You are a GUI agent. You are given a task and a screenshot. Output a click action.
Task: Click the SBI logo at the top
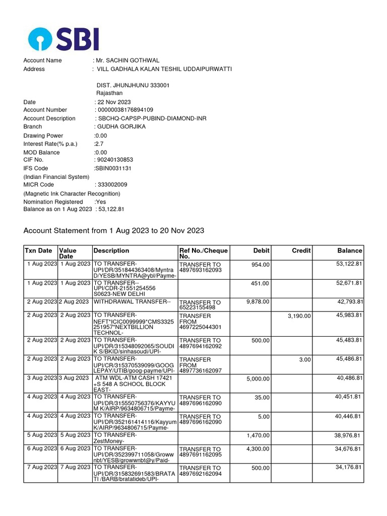pyautogui.click(x=63, y=39)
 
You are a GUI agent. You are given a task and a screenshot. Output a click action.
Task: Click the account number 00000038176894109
pyautogui.click(x=125, y=110)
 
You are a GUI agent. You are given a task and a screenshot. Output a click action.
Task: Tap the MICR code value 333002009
pyautogui.click(x=112, y=185)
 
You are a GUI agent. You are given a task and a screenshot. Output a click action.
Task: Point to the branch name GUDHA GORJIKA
pyautogui.click(x=121, y=126)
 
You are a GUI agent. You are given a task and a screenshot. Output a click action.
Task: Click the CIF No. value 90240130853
pyautogui.click(x=115, y=160)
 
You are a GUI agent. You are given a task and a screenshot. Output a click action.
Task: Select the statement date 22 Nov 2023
pyautogui.click(x=115, y=102)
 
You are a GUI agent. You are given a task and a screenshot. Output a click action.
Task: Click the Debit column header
pyautogui.click(x=261, y=250)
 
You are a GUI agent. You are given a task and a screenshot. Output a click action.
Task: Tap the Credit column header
pyautogui.click(x=301, y=250)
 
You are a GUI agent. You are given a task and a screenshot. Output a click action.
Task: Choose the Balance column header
pyautogui.click(x=350, y=250)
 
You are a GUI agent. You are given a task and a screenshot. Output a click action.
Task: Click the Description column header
pyautogui.click(x=111, y=250)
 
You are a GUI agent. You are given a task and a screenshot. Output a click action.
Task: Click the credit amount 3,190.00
pyautogui.click(x=299, y=316)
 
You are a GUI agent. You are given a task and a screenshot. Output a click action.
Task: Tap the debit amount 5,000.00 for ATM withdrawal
pyautogui.click(x=257, y=379)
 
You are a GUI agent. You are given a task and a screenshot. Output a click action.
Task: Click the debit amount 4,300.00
pyautogui.click(x=257, y=449)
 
